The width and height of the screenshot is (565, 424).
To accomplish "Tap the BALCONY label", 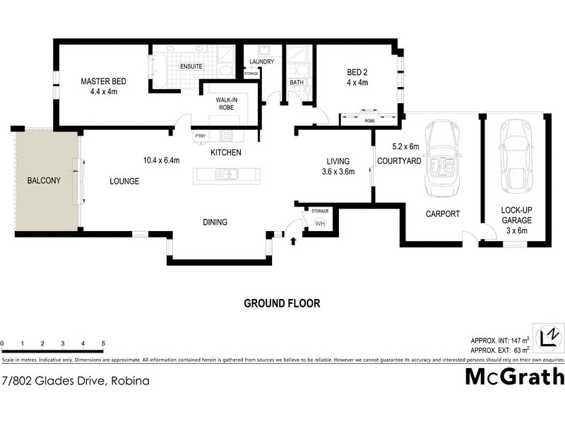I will coord(44,181).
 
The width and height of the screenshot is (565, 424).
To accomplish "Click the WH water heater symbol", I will coord(319,224).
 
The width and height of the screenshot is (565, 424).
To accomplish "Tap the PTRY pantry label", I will coord(200,136).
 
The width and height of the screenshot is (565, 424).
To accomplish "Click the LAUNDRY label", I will coord(261,61).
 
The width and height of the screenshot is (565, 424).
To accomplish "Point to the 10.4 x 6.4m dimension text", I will coord(162,160).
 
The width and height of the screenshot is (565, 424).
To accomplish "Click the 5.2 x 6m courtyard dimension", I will coord(406,147).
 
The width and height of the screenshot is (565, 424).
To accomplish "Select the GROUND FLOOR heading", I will coord(282,303).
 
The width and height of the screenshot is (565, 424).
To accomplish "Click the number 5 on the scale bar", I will coord(103,343).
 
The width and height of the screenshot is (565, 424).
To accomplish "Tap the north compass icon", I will coord(548,336).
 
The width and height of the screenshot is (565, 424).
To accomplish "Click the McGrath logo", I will coord(514,377).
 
